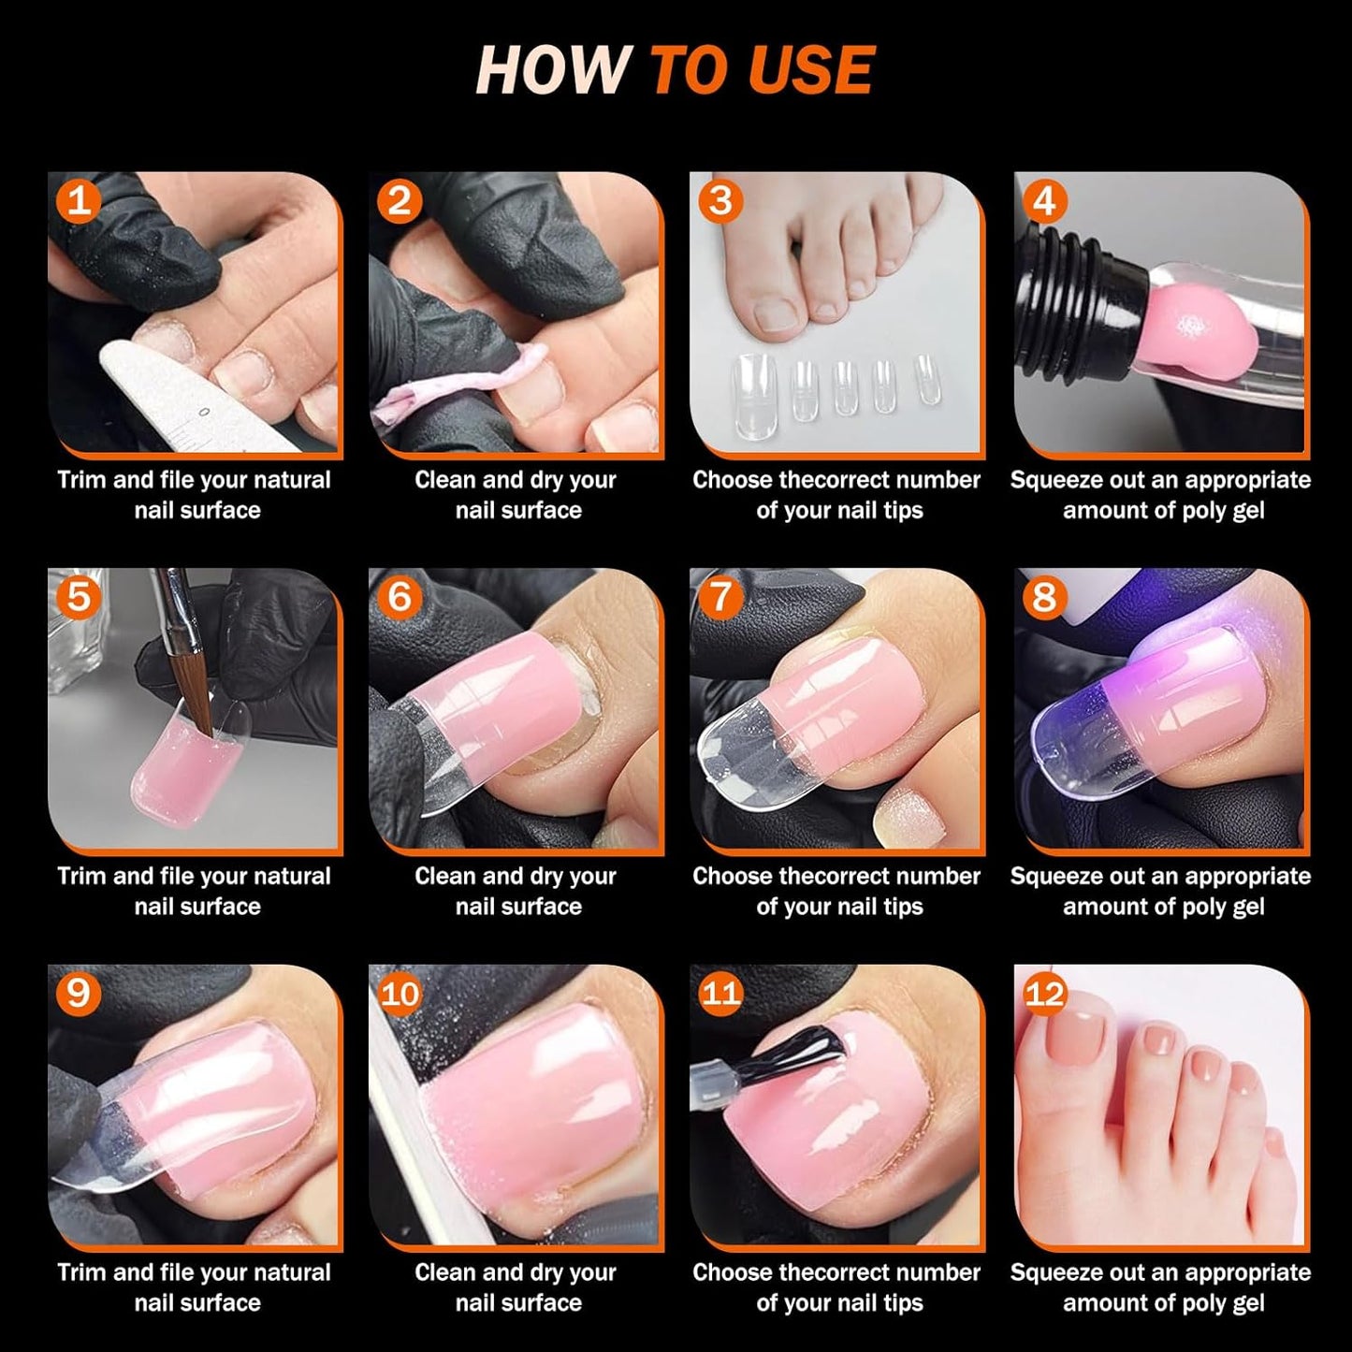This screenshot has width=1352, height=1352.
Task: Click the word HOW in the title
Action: [552, 70]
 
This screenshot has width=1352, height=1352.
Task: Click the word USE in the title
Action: [810, 70]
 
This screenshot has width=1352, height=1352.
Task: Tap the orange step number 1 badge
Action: [79, 200]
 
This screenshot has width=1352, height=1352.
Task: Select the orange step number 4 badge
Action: [1044, 200]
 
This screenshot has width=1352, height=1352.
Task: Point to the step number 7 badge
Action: [720, 597]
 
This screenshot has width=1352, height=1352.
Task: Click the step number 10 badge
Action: [400, 993]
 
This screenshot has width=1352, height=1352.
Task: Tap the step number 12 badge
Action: [1044, 993]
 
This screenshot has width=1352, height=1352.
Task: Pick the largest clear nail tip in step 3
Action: [753, 384]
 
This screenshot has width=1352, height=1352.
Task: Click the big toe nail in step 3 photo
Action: [776, 314]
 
